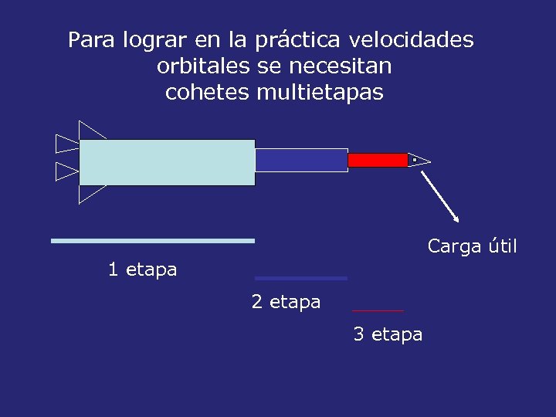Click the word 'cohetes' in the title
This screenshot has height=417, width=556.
point(207,93)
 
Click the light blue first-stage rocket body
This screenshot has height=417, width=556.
point(167,162)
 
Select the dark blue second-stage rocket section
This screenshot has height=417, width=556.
point(301,160)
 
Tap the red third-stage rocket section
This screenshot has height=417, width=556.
point(377,160)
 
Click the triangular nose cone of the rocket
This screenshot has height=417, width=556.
point(418,160)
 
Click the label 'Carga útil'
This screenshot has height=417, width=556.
point(472,247)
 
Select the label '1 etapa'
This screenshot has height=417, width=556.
point(142,270)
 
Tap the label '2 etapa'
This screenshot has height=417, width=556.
point(286,302)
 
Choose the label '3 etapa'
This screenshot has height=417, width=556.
point(388,334)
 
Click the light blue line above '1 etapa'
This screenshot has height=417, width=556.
point(152,241)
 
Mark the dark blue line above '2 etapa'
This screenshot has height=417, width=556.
point(301,278)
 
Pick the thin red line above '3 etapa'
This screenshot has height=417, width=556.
point(378,310)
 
